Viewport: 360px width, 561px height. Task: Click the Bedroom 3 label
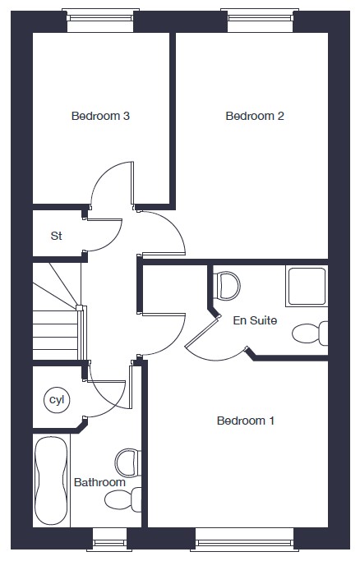pos(100,116)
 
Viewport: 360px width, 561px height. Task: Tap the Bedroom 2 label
pos(255,116)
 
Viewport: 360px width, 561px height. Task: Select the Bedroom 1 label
pos(246,421)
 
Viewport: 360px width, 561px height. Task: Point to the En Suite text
pos(255,320)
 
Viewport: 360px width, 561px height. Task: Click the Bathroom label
pos(99,482)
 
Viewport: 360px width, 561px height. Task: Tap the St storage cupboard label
pos(56,236)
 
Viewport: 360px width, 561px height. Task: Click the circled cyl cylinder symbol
pos(57,400)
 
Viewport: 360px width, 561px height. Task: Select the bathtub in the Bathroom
pos(51,481)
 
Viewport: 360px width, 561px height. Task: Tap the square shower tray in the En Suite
pos(307,286)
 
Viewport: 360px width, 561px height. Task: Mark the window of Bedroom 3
pos(100,20)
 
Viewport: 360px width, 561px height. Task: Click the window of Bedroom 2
pos(261,20)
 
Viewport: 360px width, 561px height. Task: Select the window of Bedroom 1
pos(245,540)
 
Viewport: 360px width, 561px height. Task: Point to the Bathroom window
pos(110,540)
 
